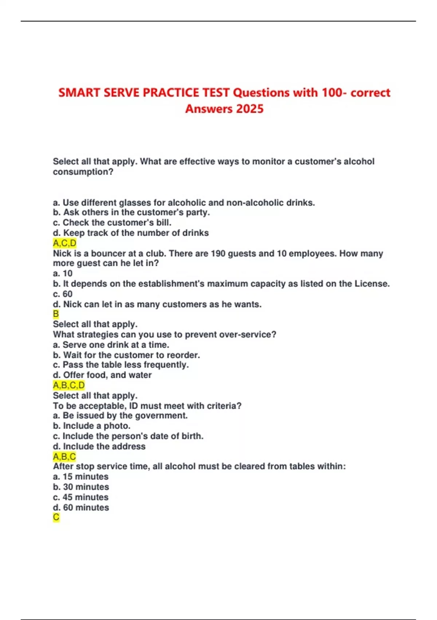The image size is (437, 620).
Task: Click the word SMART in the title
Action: pos(79,93)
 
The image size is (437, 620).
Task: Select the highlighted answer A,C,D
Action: pos(64,243)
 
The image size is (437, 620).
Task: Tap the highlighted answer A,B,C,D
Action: pos(69,385)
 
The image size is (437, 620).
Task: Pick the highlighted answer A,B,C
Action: pos(64,456)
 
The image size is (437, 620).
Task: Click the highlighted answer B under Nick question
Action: pos(56,314)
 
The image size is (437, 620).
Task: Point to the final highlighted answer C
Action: pos(56,517)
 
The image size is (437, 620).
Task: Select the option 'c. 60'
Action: pos(63,294)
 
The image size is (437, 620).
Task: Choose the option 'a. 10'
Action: pos(63,274)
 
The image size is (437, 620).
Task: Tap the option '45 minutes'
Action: pos(81,497)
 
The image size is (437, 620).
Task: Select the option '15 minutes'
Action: pos(81,477)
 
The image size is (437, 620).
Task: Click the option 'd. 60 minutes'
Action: pos(81,507)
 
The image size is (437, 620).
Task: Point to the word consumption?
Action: pos(83,172)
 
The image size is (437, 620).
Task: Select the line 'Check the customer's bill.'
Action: pos(112,222)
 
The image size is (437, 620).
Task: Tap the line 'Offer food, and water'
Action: pos(102,375)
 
